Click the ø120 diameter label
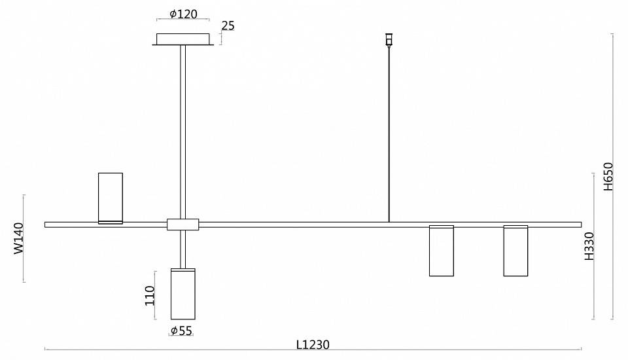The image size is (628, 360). pyautogui.click(x=183, y=14)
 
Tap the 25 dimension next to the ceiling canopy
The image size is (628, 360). pyautogui.click(x=228, y=26)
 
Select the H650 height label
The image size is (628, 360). pyautogui.click(x=608, y=176)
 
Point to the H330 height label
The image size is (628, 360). pyautogui.click(x=589, y=246)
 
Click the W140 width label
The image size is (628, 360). pyautogui.click(x=19, y=238)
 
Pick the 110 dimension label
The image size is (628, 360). pyautogui.click(x=150, y=295)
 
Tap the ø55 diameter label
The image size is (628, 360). pyautogui.click(x=181, y=331)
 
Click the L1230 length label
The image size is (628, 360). pyautogui.click(x=313, y=344)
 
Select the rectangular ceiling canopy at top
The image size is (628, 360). pyautogui.click(x=183, y=39)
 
